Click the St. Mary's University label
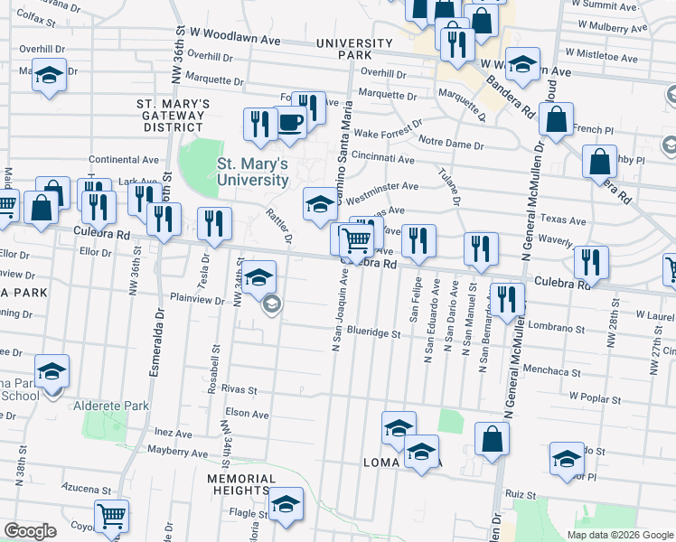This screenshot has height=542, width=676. tap(252, 172)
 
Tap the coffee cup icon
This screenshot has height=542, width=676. tap(290, 122)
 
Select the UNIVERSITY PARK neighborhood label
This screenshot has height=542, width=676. tap(355, 49)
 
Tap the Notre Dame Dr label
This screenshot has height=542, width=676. tap(455, 139)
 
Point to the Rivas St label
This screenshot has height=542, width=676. tap(239, 391)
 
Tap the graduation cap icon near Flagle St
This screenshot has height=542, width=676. tap(286, 504)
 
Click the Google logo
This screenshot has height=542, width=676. tap(31, 531)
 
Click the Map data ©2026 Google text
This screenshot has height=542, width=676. tap(619, 535)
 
